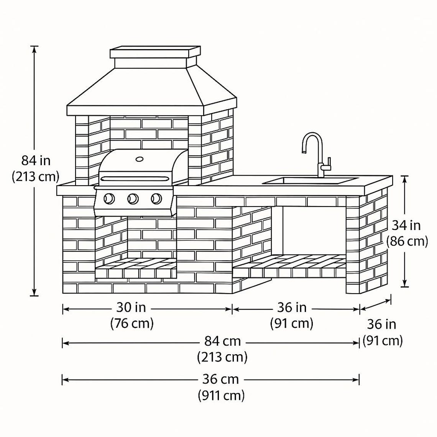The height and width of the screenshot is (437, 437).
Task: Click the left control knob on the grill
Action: click(109, 199)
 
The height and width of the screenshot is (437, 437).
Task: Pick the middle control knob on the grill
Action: click(133, 199)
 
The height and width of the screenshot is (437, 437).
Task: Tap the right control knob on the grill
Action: click(156, 199)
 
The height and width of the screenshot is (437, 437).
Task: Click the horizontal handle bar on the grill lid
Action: click(134, 178)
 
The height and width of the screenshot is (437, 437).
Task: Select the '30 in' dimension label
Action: click(131, 307)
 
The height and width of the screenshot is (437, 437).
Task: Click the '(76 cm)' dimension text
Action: click(132, 324)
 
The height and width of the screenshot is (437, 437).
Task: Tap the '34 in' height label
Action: click(406, 225)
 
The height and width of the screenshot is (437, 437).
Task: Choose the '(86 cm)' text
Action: click(407, 242)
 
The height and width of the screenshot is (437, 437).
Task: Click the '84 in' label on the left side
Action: click(36, 160)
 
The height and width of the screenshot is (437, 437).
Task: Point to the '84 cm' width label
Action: click(222, 341)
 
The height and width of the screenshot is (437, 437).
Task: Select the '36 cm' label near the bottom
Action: click(220, 379)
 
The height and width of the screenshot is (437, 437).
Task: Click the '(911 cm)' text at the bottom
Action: click(221, 395)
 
